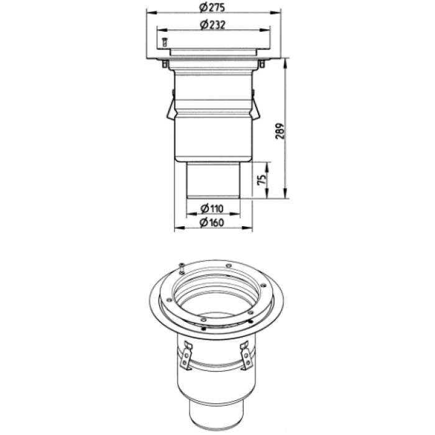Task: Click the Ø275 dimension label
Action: click(213, 7)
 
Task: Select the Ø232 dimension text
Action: click(213, 25)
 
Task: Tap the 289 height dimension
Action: click(280, 131)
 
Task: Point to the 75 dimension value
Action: click(262, 180)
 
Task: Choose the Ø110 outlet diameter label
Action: click(212, 208)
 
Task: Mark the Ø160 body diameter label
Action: click(212, 222)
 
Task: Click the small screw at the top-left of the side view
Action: click(164, 42)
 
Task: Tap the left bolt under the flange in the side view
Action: click(165, 64)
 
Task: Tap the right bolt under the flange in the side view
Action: click(262, 64)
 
